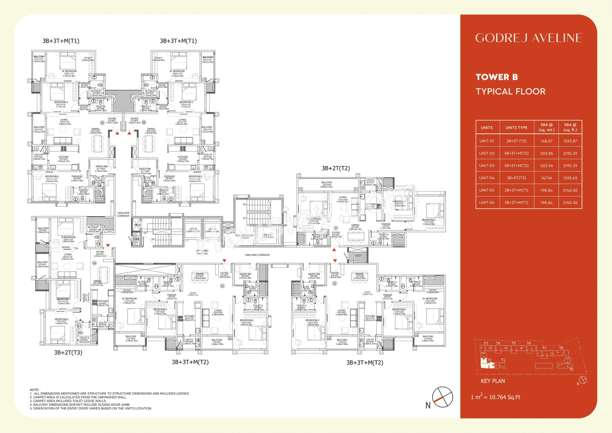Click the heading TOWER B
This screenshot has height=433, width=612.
point(497,77)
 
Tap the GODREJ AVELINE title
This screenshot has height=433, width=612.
point(528,38)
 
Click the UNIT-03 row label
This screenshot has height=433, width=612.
point(487,166)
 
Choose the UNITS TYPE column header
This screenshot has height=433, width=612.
point(516,128)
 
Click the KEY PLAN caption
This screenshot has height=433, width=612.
point(492,381)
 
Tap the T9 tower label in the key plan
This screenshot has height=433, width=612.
point(571,369)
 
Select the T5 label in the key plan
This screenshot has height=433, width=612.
point(513,344)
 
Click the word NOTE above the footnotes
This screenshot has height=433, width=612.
point(34,390)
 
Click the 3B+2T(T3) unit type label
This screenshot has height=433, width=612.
point(68,353)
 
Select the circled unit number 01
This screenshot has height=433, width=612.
point(336,228)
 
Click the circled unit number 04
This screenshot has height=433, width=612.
point(95,263)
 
